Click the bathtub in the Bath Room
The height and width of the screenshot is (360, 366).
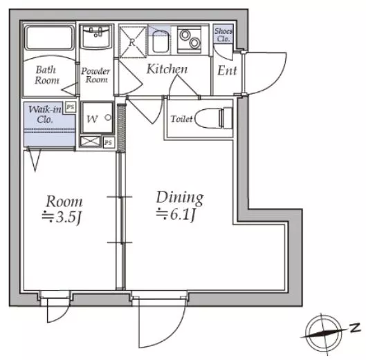49,37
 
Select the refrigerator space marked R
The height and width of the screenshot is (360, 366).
132,41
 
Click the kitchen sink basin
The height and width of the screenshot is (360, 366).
161,42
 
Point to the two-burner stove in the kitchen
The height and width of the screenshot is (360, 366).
189,39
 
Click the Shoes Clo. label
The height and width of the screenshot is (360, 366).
223,35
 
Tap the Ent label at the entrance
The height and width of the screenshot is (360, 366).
227,70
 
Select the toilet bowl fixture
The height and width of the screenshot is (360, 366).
214,118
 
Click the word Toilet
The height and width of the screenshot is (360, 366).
181,119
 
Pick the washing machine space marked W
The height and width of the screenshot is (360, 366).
98,117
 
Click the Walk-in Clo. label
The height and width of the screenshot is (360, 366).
44,114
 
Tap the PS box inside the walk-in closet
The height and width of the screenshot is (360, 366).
71,107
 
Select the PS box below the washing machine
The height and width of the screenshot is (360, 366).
109,142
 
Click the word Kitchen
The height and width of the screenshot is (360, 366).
167,69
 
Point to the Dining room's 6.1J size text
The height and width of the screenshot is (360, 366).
176,214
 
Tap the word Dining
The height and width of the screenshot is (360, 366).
180,198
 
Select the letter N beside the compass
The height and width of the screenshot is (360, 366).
355,328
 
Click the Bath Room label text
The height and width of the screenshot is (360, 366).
47,75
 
